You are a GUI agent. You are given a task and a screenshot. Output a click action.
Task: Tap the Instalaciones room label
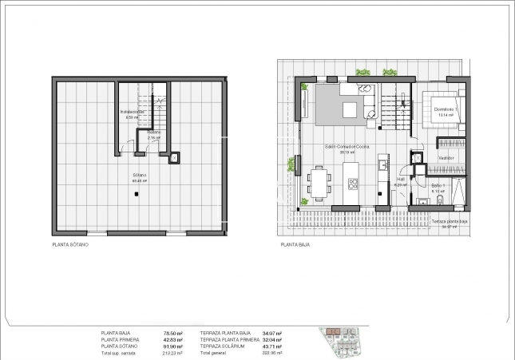click(133, 112)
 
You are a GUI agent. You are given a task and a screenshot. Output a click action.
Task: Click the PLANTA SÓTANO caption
click(69, 244)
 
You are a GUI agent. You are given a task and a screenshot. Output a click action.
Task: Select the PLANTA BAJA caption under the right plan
click(295, 244)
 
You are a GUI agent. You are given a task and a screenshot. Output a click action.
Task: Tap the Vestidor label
click(446, 157)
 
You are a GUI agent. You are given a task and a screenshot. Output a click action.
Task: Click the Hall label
click(401, 180)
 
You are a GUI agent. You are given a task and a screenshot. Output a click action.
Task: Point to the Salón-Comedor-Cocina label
click(347, 148)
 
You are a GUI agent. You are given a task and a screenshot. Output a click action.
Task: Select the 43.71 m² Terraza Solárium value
click(272, 346)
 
